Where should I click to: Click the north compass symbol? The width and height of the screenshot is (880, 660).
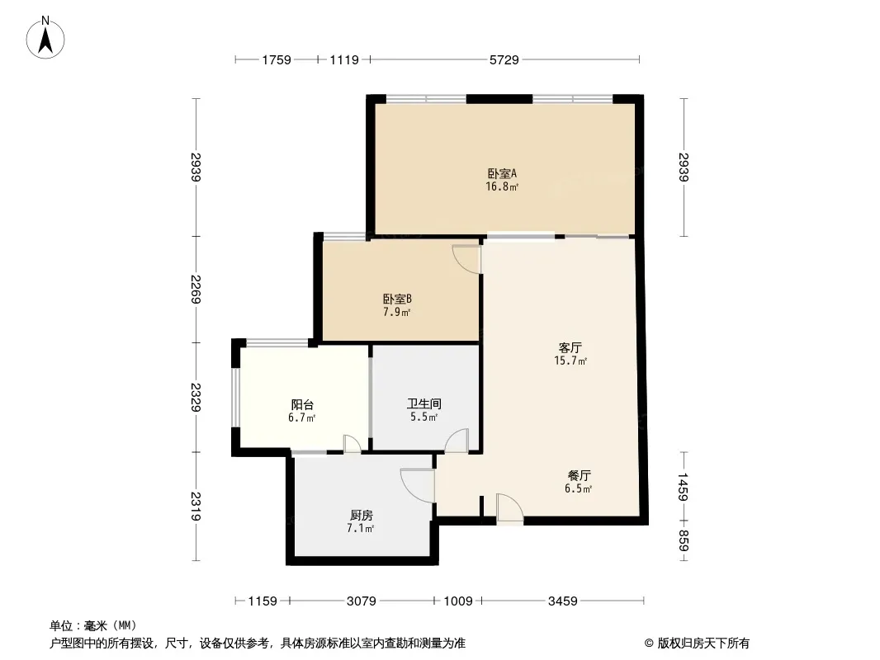pos(47,38)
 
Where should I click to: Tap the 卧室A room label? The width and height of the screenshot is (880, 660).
pos(502,173)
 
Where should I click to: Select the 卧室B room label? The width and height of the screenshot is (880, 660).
pos(396,299)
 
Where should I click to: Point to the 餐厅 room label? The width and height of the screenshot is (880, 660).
pos(578,475)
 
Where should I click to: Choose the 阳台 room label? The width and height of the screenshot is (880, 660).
pos(301,404)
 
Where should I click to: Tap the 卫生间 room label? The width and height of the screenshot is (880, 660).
pos(423,404)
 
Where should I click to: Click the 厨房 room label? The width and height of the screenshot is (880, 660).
pos(361,515)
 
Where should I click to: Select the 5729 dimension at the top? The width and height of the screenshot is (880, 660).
pos(504,59)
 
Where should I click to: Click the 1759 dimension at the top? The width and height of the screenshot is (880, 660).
pos(277,59)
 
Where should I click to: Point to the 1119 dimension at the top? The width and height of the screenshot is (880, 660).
pos(343,59)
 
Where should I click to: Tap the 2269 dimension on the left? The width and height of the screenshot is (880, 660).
pos(196,289)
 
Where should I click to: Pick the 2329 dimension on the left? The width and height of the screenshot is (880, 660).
pos(196,398)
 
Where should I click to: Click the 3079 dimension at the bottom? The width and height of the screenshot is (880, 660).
pos(361,601)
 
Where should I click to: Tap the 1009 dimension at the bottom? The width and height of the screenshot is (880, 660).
pos(458,601)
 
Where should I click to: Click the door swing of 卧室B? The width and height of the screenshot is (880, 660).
pos(468,258)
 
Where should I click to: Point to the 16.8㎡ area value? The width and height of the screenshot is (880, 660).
pos(502,187)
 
